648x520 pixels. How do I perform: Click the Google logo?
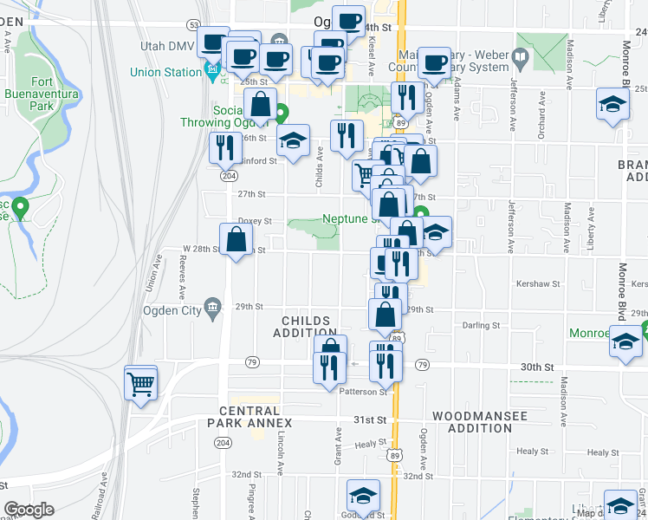[x=29, y=510]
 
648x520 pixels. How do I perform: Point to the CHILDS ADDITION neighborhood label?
[x=305, y=326]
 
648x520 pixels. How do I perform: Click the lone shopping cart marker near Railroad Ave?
[x=141, y=382]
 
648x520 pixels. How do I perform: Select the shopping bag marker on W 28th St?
[x=236, y=240]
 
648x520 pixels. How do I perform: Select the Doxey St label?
[x=255, y=221]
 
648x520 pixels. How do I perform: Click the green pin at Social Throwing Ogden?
[x=282, y=113]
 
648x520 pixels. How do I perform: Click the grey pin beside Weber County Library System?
[x=520, y=59]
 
